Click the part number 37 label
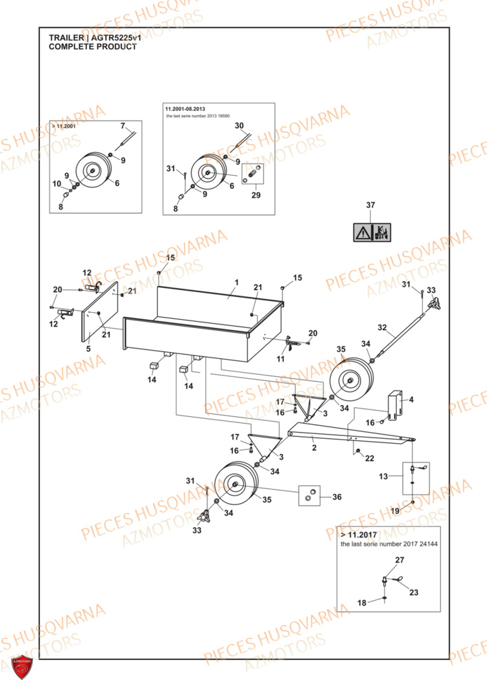370,206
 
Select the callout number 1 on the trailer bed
236,282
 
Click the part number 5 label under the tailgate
88,349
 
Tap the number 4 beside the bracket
411,400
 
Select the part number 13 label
383,476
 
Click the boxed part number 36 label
336,497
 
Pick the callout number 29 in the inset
256,196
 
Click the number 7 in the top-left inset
123,126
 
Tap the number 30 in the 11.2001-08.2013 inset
239,125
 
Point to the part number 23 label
413,592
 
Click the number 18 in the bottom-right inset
362,603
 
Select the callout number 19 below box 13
395,511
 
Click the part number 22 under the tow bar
369,458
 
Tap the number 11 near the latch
280,359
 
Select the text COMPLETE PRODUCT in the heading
92,47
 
